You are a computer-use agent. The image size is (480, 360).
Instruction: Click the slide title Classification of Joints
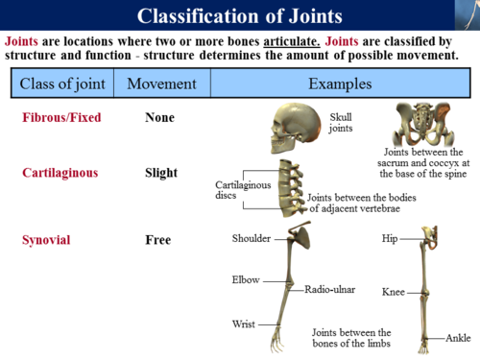point(239,16)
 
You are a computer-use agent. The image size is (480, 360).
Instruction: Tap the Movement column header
point(160,84)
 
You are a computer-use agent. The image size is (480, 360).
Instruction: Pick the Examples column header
point(340,84)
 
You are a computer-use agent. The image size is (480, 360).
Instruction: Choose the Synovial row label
point(48,239)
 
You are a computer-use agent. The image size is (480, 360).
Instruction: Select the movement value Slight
point(161,174)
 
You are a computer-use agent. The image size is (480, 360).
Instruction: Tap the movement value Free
point(158,239)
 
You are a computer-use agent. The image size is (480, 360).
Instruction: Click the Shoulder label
point(252,238)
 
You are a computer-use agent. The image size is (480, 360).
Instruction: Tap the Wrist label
point(243,324)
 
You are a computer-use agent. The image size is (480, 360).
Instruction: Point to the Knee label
point(393,291)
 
